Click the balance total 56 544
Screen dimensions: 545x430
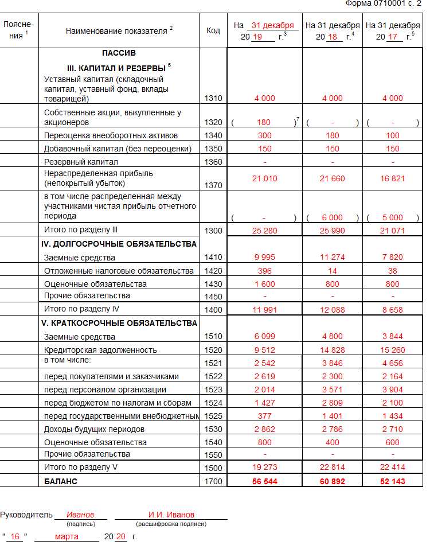pyautogui.click(x=264, y=481)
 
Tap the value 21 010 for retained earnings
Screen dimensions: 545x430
pyautogui.click(x=264, y=178)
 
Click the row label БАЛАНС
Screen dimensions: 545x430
pyautogui.click(x=61, y=481)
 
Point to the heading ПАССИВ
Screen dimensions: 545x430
pyautogui.click(x=119, y=53)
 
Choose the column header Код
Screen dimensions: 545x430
pyautogui.click(x=213, y=31)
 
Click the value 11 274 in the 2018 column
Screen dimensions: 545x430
pyautogui.click(x=333, y=258)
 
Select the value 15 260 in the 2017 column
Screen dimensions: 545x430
pyautogui.click(x=393, y=350)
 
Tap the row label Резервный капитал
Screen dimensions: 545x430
pyautogui.click(x=81, y=162)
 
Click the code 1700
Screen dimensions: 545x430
pyautogui.click(x=213, y=481)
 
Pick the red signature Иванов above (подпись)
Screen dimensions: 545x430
pyautogui.click(x=80, y=515)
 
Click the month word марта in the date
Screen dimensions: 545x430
pyautogui.click(x=67, y=537)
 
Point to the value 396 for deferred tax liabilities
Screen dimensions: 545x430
pyautogui.click(x=264, y=271)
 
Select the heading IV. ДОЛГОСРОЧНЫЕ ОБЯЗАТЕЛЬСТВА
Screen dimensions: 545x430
pyautogui.click(x=119, y=244)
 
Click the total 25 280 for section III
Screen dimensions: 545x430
pyautogui.click(x=264, y=230)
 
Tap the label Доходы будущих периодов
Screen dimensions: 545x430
pyautogui.click(x=95, y=429)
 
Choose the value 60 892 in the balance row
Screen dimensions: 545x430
pyautogui.click(x=333, y=481)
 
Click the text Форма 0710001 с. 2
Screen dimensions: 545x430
pyautogui.click(x=387, y=3)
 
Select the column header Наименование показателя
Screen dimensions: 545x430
pyautogui.click(x=119, y=31)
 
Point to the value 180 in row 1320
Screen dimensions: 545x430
pyautogui.click(x=264, y=123)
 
